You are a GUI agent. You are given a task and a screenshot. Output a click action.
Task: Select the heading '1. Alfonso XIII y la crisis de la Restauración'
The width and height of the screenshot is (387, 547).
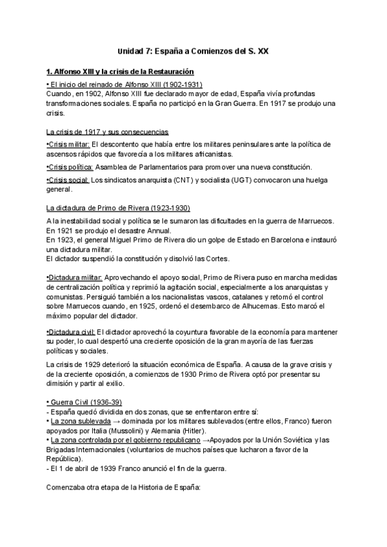tap(121, 72)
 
